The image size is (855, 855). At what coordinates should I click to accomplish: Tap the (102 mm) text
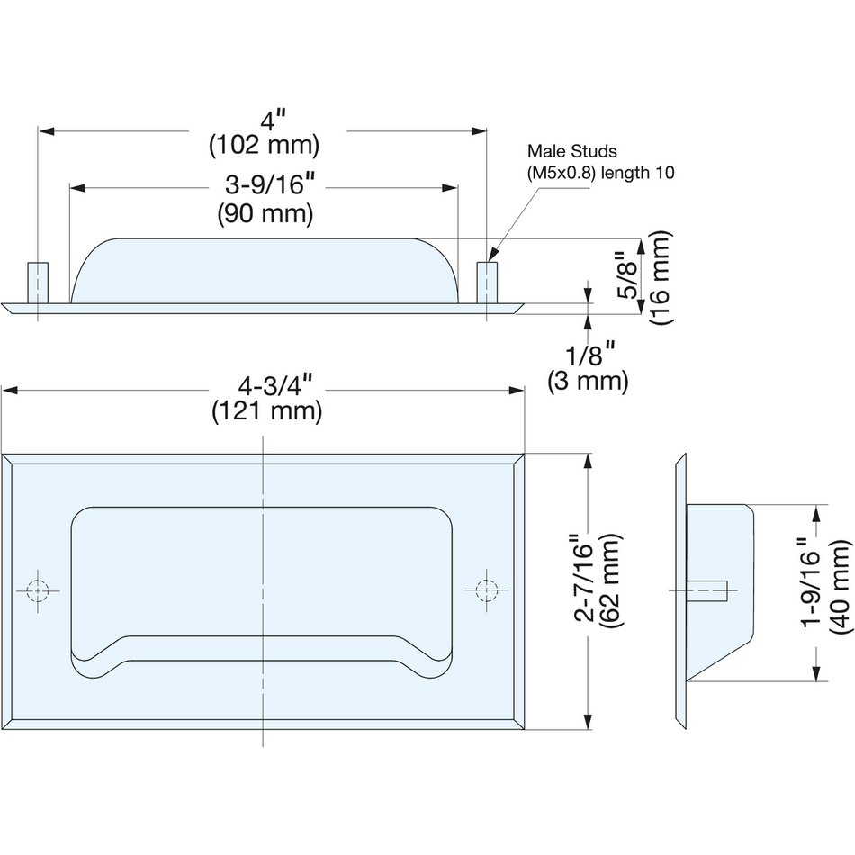coord(265,145)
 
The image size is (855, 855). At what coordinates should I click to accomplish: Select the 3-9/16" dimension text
coord(271,185)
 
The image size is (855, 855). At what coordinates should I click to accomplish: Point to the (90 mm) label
coord(265,213)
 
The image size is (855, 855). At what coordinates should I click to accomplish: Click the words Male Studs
coord(572,151)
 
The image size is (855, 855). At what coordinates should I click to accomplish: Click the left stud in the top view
coord(38,283)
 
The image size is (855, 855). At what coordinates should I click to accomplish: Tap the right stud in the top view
coord(487,283)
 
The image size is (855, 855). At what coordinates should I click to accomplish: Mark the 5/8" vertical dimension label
coord(626,274)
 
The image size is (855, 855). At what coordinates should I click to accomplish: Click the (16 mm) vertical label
coord(660,278)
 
